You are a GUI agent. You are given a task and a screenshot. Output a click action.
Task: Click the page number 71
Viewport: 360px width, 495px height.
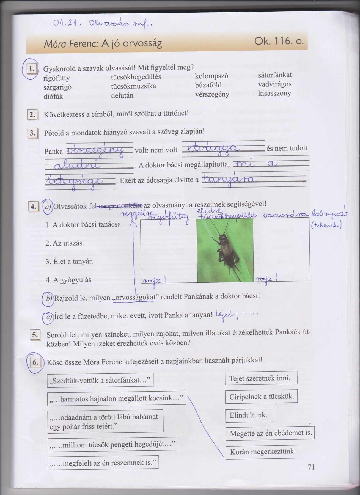311,467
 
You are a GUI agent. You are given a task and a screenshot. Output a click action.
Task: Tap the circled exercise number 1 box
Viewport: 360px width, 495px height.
32,69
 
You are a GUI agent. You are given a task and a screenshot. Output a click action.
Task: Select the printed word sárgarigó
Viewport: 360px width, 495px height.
57,87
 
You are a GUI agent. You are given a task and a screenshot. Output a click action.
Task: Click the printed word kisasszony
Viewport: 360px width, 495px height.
271,93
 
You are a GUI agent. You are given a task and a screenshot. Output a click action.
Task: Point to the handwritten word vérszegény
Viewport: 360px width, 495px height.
95,150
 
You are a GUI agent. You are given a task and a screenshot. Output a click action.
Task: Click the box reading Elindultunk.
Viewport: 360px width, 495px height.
249,415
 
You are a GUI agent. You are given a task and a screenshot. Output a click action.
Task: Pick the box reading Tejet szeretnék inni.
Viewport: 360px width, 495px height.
261,378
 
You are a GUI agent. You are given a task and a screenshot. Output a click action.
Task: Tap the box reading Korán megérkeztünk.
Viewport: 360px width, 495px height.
263,452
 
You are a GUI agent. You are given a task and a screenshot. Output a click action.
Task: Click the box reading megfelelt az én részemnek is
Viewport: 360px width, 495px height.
103,463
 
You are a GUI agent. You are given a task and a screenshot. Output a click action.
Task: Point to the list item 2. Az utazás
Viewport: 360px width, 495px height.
64,243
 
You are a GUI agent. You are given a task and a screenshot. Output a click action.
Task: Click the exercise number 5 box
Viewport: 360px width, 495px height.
35,335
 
